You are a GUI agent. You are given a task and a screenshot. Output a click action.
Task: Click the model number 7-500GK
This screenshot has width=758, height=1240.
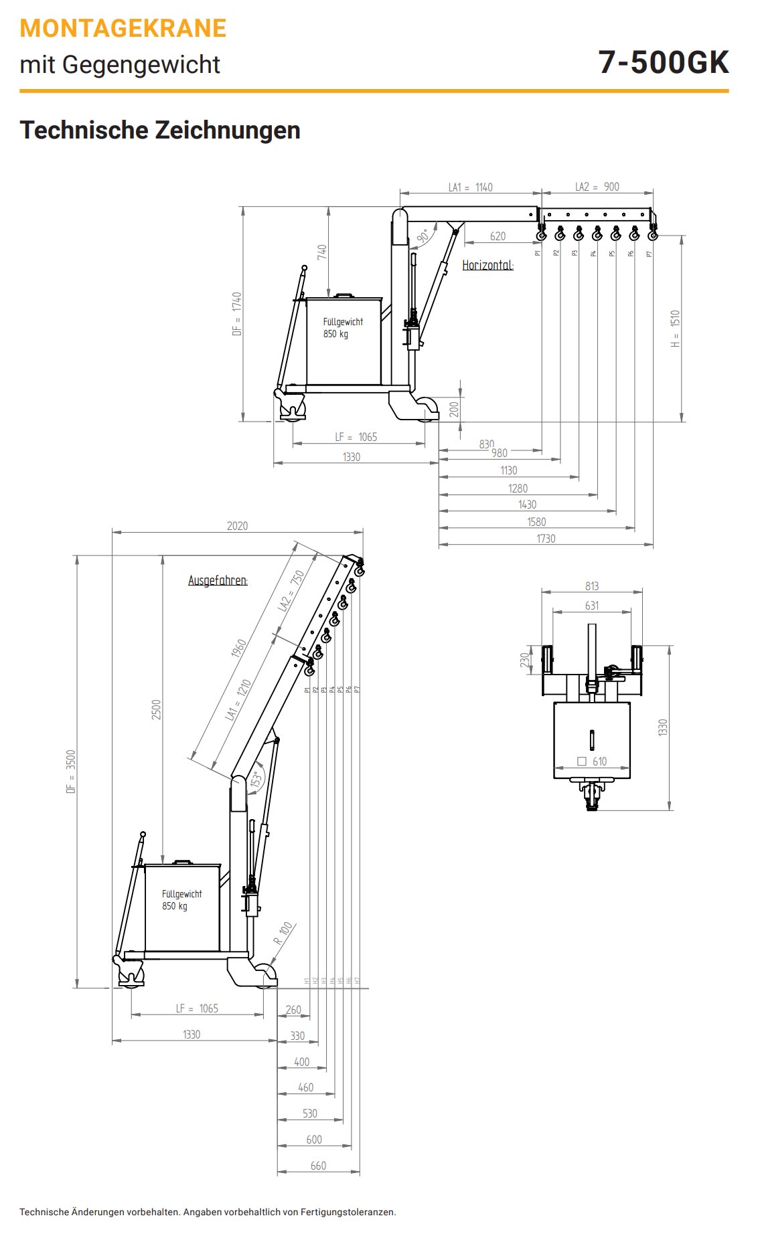click(663, 62)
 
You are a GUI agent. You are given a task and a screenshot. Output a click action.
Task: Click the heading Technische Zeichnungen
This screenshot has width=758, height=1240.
click(160, 130)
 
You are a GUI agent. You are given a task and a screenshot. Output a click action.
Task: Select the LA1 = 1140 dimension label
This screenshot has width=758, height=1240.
click(470, 187)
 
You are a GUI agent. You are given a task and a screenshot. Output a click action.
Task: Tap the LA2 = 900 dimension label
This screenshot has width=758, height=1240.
click(597, 187)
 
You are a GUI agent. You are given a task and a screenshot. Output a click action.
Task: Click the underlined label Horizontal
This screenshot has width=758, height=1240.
click(487, 265)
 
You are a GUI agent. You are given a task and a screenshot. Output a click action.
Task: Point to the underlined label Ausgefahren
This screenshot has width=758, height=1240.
click(218, 580)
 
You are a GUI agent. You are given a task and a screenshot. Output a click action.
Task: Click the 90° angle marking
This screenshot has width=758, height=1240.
click(423, 236)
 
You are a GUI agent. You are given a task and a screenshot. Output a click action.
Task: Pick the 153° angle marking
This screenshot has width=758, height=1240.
click(255, 780)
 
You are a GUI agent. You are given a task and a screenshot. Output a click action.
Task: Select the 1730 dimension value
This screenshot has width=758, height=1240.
click(546, 538)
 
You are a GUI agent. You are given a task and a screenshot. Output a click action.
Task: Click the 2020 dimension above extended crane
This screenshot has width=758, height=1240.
click(237, 526)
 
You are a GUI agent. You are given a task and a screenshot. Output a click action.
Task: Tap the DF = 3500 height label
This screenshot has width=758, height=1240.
click(71, 772)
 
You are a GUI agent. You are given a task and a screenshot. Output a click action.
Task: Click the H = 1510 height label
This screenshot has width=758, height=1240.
click(675, 328)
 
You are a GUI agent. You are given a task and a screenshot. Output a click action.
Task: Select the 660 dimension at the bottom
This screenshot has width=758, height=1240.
click(318, 1165)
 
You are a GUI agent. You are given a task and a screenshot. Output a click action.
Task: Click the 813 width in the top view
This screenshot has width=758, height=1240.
click(591, 586)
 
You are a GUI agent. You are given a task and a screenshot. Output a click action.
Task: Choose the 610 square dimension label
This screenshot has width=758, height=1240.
click(593, 762)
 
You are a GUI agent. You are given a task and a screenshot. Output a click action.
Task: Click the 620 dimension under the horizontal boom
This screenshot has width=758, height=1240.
click(498, 236)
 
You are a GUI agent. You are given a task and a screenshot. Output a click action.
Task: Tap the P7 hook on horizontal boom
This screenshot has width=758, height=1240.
click(652, 234)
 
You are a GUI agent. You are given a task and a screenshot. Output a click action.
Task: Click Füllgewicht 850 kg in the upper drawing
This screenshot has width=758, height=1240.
click(343, 328)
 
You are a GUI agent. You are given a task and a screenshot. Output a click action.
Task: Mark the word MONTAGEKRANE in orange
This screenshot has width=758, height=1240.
click(123, 29)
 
